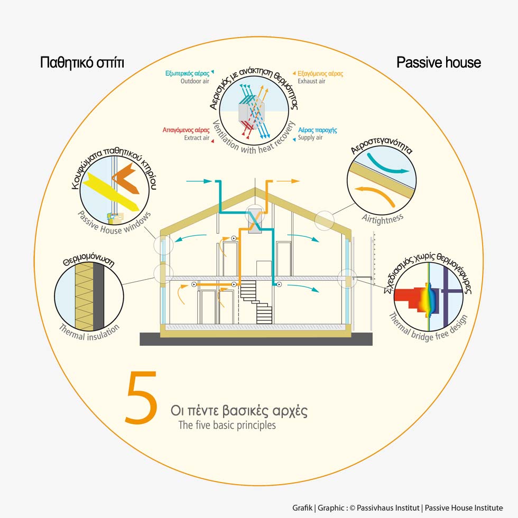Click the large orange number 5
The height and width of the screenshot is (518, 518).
tap(142, 398)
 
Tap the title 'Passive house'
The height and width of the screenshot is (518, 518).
tap(439, 63)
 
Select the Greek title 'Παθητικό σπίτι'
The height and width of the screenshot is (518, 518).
tap(82, 63)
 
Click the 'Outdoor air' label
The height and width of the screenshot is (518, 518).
tap(195, 81)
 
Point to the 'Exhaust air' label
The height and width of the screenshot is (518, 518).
tap(312, 81)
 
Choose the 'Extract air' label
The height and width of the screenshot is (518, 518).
tap(197, 138)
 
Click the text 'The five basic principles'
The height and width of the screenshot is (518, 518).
tap(227, 425)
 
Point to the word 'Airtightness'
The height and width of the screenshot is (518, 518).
tap(383, 217)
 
